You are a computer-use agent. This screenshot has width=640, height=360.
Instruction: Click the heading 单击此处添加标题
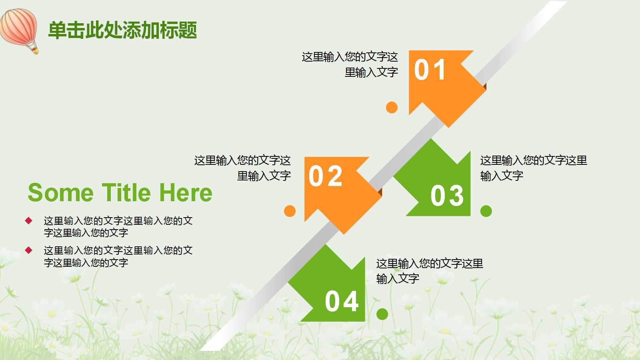(122, 30)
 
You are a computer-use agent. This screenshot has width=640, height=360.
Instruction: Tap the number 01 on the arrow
(430, 70)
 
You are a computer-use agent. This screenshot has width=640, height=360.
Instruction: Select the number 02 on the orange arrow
(326, 176)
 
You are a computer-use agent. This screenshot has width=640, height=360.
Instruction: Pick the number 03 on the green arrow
(447, 196)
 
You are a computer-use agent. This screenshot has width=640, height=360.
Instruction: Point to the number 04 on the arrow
(342, 302)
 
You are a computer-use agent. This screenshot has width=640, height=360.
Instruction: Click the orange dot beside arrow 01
(392, 107)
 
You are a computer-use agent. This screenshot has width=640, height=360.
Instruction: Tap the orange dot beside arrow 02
(290, 211)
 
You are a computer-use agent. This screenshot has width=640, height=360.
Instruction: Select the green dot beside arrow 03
(486, 211)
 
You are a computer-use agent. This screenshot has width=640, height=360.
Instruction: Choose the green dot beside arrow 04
(382, 314)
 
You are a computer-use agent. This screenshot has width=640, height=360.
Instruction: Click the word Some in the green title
(60, 193)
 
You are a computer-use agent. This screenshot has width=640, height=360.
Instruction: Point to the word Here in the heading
(186, 193)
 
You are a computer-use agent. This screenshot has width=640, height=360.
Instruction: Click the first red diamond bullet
(28, 220)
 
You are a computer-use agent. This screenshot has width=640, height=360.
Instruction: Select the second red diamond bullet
(28, 250)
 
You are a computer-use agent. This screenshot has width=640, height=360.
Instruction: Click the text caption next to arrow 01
(350, 64)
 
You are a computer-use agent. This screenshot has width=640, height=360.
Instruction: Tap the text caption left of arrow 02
(243, 168)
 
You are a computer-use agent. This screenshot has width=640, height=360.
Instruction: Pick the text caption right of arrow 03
(533, 168)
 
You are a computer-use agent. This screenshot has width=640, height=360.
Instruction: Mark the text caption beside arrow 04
(429, 271)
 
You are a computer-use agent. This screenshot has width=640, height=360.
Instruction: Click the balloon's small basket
(35, 50)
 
